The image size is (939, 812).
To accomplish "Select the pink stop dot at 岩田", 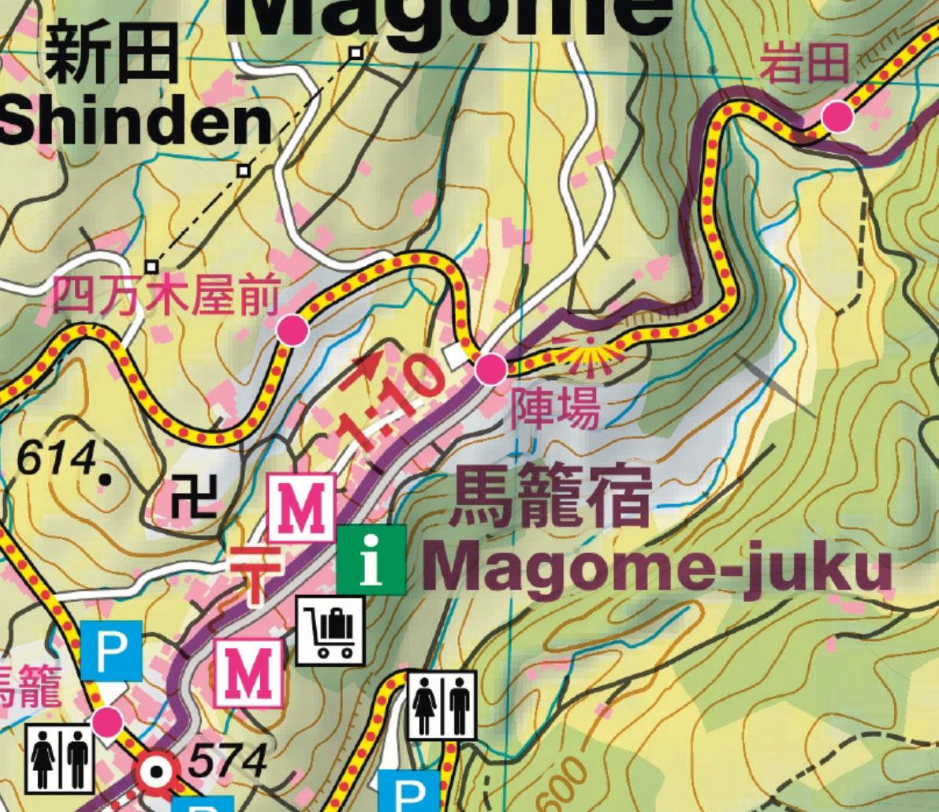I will tap(837, 118).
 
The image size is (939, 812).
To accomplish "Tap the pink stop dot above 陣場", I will tap(490, 369).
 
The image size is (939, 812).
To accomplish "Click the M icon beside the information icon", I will tap(302, 507).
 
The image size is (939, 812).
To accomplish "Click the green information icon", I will tap(371, 559).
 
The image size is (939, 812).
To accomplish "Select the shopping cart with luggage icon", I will tap(331, 630).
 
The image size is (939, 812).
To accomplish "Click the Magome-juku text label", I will tap(658, 567).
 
